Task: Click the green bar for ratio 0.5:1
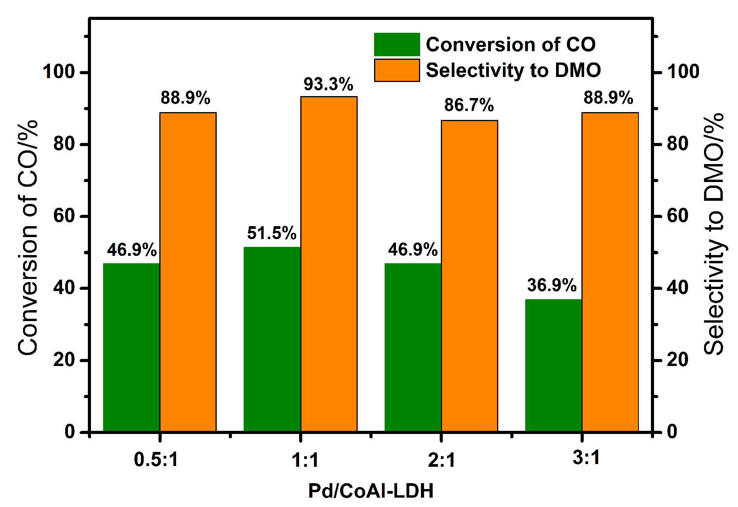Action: pos(131,347)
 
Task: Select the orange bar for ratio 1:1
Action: pos(329,264)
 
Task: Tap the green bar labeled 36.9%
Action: pos(553,365)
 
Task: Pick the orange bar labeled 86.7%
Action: pos(469,276)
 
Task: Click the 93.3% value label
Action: pos(328,84)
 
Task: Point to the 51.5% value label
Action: pos(272,233)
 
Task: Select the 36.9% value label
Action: pos(552,286)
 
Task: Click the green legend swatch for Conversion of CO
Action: pos(397,45)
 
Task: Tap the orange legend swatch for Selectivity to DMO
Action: pos(397,70)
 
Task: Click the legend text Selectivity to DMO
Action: pos(513,70)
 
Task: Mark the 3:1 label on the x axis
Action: pos(586,458)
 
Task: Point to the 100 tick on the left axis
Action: pos(59,72)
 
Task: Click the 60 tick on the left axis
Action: pos(64,216)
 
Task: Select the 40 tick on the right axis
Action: pos(677,288)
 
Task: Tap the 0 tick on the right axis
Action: pos(672,432)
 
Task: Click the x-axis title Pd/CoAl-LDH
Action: pos(371,491)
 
